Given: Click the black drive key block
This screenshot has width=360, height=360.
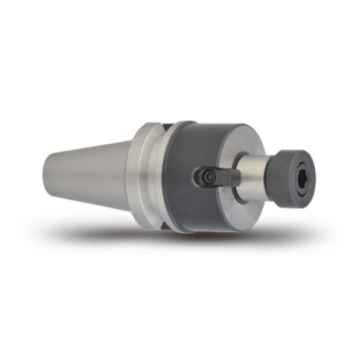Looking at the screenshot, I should click(x=217, y=176).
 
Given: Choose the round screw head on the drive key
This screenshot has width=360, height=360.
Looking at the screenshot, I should click(x=206, y=178).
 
